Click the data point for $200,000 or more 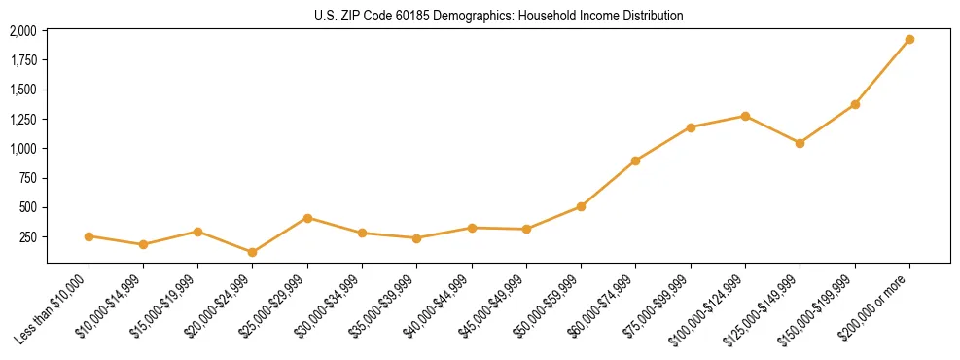click(909, 40)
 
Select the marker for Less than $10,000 click(89, 236)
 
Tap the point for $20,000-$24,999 click(253, 252)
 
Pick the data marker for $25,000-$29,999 click(307, 218)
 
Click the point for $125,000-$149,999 click(800, 143)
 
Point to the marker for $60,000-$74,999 click(635, 161)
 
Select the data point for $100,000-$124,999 click(745, 116)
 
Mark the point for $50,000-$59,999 click(581, 206)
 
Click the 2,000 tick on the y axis click(23, 31)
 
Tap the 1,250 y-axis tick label click(23, 120)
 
